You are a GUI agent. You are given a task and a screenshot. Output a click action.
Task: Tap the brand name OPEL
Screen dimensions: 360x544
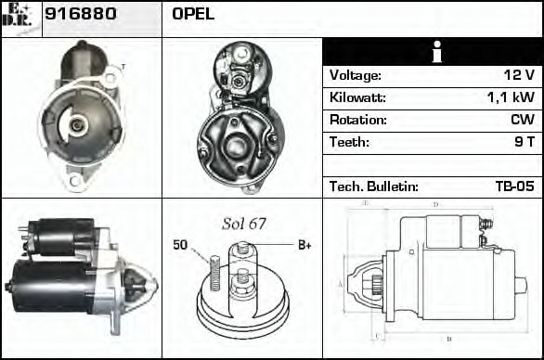[193, 14]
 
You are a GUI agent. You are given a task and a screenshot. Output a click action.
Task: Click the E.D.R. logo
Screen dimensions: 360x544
[19, 17]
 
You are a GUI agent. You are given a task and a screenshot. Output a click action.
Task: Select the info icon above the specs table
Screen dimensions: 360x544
[432, 52]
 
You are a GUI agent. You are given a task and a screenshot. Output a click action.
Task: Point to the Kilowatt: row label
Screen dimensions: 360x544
[356, 97]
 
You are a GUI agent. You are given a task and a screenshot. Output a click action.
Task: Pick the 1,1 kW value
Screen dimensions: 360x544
[510, 97]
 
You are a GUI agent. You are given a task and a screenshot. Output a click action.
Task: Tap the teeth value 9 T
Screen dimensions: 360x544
[523, 142]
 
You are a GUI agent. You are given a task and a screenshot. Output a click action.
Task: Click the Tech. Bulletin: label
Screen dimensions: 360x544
[373, 186]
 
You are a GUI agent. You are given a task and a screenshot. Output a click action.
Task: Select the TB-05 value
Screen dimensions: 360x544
[514, 186]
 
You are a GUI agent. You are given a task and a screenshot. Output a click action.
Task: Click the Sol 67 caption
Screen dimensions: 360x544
[243, 224]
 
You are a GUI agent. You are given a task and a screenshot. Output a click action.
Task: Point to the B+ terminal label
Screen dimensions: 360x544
[304, 245]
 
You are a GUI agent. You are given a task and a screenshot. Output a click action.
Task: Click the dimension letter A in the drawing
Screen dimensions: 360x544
[340, 283]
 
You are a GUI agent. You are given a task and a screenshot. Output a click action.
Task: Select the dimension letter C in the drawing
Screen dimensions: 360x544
[374, 335]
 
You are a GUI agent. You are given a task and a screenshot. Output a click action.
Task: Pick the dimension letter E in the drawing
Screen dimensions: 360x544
[367, 202]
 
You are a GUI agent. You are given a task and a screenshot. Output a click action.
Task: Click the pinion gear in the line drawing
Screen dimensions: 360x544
[378, 284]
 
